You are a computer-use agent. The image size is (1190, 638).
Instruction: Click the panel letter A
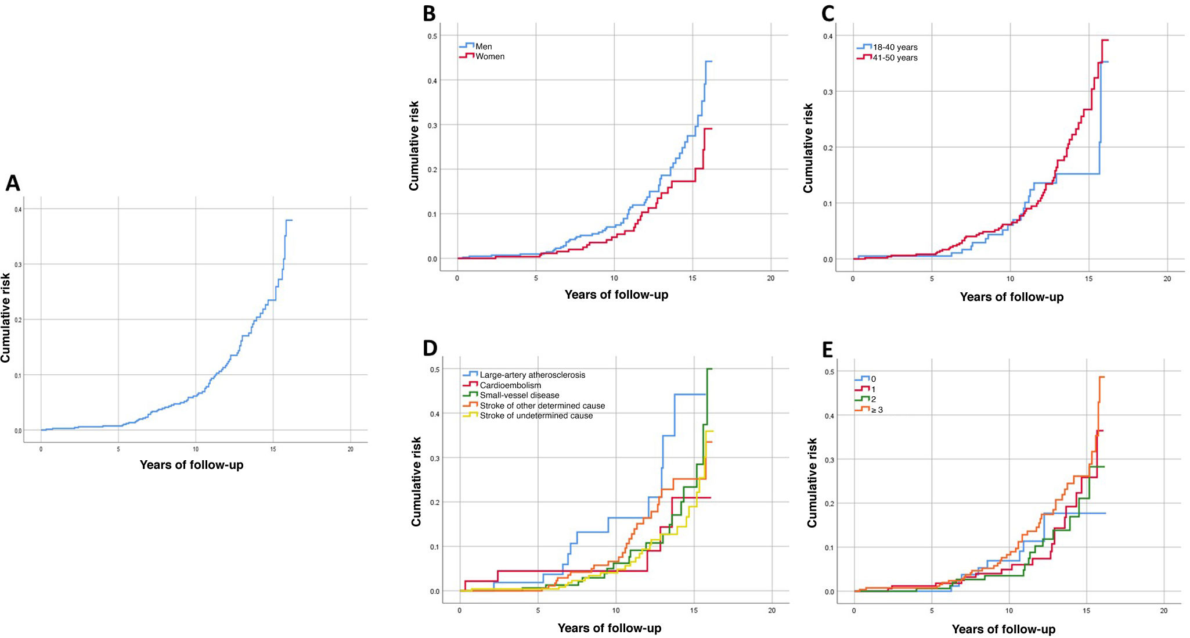click(13, 183)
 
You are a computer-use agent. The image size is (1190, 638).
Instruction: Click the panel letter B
click(430, 13)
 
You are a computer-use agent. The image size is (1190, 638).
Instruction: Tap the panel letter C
click(828, 13)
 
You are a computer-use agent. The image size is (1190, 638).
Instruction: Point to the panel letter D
click(430, 347)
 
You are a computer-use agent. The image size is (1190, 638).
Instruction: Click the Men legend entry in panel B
click(483, 46)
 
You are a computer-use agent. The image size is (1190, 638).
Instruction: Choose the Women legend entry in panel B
click(489, 56)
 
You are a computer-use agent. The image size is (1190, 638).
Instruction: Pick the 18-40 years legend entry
click(895, 47)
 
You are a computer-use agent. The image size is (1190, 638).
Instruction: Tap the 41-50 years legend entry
click(895, 58)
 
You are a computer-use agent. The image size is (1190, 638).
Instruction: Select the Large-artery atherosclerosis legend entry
click(532, 375)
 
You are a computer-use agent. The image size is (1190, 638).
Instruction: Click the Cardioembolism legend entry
click(510, 385)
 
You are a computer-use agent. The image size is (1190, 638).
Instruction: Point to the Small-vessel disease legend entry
click(519, 395)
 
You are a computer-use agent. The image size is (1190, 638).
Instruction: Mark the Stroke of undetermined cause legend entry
click(536, 415)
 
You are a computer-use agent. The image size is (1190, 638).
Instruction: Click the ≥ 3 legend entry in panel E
click(877, 410)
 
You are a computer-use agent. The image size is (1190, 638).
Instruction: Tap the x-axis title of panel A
click(192, 465)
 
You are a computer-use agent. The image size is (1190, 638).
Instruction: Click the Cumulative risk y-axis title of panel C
click(808, 148)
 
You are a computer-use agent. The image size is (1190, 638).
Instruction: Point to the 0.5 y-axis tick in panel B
click(432, 36)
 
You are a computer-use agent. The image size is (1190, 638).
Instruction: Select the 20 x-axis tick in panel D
click(771, 610)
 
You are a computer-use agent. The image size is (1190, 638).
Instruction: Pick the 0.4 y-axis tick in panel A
click(18, 209)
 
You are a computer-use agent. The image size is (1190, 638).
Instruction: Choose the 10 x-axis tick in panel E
click(1009, 611)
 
